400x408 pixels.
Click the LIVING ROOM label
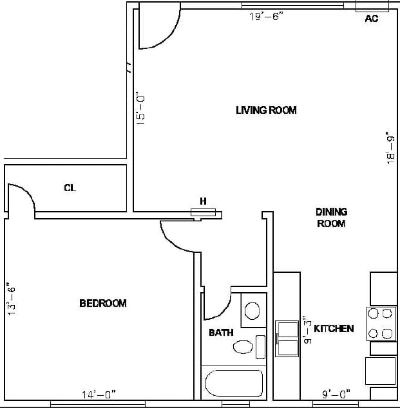pyautogui.click(x=266, y=110)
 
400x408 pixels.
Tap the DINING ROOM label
pyautogui.click(x=331, y=218)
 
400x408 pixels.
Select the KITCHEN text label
pyautogui.click(x=333, y=329)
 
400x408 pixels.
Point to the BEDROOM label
pyautogui.click(x=103, y=303)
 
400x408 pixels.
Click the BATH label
pyautogui.click(x=221, y=333)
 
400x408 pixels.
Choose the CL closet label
pyautogui.click(x=70, y=188)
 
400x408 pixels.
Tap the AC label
pyautogui.click(x=372, y=19)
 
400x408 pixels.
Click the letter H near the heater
pyautogui.click(x=204, y=201)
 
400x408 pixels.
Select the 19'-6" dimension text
pyautogui.click(x=266, y=17)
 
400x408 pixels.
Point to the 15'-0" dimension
pyautogui.click(x=141, y=108)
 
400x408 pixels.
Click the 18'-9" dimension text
pyautogui.click(x=390, y=149)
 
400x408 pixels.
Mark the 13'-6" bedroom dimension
pyautogui.click(x=10, y=297)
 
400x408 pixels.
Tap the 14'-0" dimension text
pyautogui.click(x=99, y=394)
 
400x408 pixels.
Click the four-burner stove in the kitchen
pyautogui.click(x=380, y=324)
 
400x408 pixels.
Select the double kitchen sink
pyautogui.click(x=287, y=338)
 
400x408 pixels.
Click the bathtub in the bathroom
pyautogui.click(x=233, y=384)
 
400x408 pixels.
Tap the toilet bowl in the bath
pyautogui.click(x=242, y=348)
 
